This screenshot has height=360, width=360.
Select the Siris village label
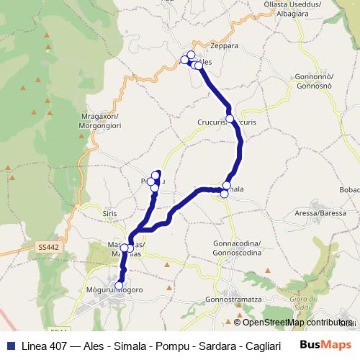(109, 214)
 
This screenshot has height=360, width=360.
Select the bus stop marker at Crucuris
(230, 119)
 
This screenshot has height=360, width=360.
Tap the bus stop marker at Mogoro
(119, 285)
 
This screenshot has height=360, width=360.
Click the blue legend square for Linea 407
(10, 344)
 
